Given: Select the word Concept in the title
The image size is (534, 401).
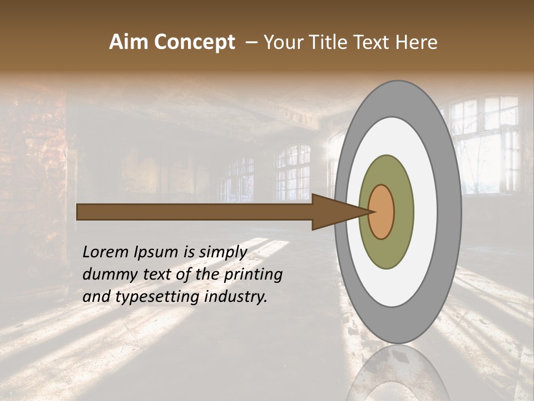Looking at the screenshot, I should click(195, 42).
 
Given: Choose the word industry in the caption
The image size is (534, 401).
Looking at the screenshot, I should click(236, 297).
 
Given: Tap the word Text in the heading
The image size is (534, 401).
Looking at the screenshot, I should click(377, 42).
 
